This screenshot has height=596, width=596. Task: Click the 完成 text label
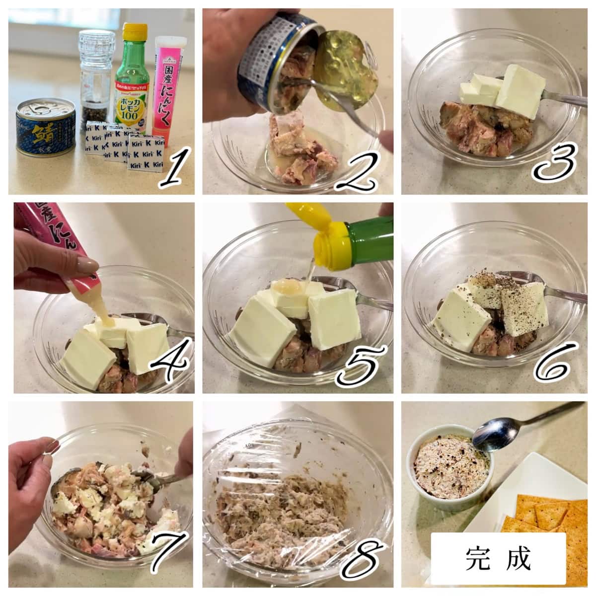(498, 559)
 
